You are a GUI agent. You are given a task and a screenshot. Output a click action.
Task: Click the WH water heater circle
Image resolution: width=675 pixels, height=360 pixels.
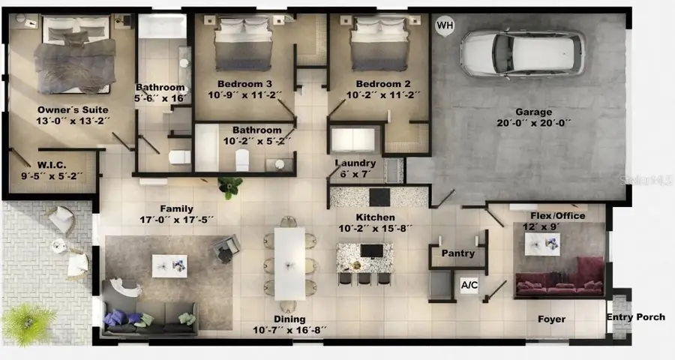(445, 25)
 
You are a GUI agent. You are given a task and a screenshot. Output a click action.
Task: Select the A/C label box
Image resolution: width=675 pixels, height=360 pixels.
(469, 286)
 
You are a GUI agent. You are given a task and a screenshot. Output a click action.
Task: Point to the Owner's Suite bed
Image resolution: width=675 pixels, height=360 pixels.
(74, 56)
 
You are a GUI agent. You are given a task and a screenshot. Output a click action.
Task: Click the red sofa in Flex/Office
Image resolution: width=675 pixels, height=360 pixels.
(559, 277)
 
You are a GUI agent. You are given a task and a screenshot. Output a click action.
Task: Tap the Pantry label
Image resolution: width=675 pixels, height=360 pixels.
(457, 254)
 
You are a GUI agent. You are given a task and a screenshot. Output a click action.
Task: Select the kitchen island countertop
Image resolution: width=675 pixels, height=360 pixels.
(364, 256)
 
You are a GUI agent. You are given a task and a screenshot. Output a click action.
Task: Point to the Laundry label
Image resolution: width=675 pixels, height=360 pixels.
(355, 163)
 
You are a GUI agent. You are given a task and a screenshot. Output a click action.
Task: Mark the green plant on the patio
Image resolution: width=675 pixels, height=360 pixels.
(28, 323)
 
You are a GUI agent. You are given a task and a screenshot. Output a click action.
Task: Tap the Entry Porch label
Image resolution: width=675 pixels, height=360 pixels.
(635, 317)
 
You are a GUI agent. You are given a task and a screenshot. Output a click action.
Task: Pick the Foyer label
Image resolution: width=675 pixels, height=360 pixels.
(551, 319)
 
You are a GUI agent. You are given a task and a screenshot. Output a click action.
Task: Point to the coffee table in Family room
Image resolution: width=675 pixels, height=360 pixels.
(169, 264)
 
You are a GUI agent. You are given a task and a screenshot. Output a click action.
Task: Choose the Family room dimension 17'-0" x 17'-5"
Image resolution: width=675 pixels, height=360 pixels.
(177, 220)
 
